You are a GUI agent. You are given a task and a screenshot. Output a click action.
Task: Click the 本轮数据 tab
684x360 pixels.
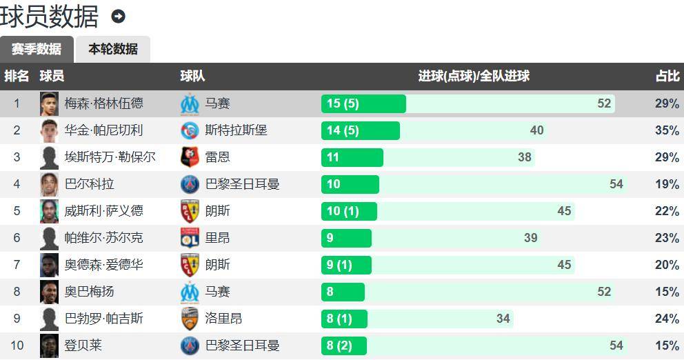click(x=112, y=49)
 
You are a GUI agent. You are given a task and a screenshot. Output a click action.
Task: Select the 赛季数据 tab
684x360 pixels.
click(x=37, y=49)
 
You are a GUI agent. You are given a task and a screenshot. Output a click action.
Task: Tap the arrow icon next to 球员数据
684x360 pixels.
click(x=118, y=17)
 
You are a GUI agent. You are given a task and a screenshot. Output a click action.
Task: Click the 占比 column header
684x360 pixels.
click(x=667, y=76)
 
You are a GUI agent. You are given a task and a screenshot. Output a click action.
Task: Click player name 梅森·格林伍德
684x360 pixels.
click(x=104, y=103)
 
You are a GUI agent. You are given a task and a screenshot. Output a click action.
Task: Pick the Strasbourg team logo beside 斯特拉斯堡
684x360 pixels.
click(x=190, y=130)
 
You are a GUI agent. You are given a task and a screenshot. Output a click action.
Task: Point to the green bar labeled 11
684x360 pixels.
click(x=352, y=157)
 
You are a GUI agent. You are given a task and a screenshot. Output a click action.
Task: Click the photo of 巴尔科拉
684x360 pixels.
click(x=49, y=184)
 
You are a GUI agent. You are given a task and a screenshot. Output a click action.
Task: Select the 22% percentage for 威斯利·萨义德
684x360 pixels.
click(x=667, y=211)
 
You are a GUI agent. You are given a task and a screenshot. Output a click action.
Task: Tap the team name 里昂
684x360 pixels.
click(x=217, y=238)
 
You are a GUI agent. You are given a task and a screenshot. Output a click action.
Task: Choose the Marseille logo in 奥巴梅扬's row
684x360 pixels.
click(x=190, y=292)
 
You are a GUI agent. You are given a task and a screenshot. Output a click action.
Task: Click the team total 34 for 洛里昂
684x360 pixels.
click(x=503, y=319)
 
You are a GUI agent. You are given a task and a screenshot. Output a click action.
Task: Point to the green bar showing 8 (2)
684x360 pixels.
click(x=343, y=346)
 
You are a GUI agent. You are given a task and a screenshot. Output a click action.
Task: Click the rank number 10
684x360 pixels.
click(x=17, y=346)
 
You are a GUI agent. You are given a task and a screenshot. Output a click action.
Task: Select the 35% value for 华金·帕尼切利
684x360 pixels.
click(x=667, y=130)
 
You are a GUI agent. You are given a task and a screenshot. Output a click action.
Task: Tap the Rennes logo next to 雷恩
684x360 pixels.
click(x=190, y=157)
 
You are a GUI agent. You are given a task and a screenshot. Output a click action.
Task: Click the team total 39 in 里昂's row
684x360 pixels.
click(x=530, y=238)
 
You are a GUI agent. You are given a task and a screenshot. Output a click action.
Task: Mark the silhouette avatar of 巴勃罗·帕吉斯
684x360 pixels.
click(x=49, y=319)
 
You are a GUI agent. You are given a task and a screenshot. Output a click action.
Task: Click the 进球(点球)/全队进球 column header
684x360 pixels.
click(x=474, y=76)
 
